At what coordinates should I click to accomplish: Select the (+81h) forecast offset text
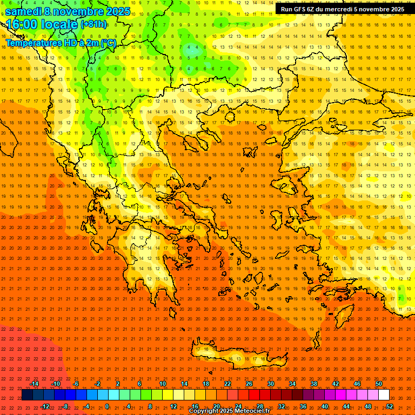(x=93, y=24)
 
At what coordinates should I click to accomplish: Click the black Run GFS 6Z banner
(x=343, y=9)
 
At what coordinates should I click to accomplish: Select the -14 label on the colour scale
(x=34, y=384)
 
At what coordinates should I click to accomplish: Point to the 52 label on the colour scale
(x=389, y=406)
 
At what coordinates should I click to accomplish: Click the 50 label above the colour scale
(x=378, y=384)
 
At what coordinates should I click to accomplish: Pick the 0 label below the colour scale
(x=107, y=406)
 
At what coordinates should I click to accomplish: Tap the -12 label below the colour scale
(x=45, y=406)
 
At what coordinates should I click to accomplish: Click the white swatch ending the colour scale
(x=384, y=394)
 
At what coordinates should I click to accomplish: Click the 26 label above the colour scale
(x=249, y=384)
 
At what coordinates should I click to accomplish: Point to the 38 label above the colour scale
(x=313, y=384)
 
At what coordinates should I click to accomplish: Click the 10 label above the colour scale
(x=162, y=384)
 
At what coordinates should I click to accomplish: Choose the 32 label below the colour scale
(x=281, y=406)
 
